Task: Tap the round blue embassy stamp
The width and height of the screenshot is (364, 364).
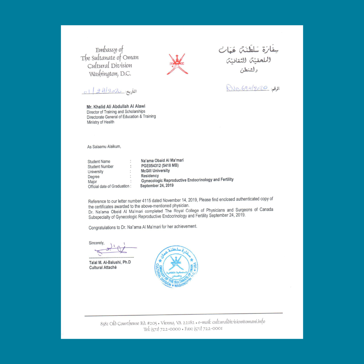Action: pos(176,267)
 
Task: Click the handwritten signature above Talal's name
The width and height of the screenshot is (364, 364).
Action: pos(115,249)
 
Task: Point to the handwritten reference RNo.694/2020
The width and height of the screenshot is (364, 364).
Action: pos(248,88)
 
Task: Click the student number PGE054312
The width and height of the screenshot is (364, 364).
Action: pos(159,165)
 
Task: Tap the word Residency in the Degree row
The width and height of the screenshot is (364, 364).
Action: pos(150,176)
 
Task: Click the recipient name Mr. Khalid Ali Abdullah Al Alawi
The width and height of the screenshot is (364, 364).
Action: pos(116,107)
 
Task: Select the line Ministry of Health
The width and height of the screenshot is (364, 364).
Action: pos(100,122)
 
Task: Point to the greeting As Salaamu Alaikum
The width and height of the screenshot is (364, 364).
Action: pos(104,147)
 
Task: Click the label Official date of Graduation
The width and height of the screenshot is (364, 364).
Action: pos(109,186)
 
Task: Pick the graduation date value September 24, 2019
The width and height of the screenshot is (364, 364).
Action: pos(157,185)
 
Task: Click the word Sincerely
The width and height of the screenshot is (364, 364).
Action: pos(96,243)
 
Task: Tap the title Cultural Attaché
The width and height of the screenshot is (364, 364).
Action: pos(103,268)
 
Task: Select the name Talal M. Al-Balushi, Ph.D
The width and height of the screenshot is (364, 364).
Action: pos(110,263)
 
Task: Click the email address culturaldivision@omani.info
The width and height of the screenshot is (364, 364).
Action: pos(239,322)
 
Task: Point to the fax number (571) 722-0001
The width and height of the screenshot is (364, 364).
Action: pos(208,329)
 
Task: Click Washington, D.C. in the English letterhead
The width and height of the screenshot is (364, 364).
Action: pos(110,73)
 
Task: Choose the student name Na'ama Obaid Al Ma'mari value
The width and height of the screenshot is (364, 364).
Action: pos(162,160)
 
